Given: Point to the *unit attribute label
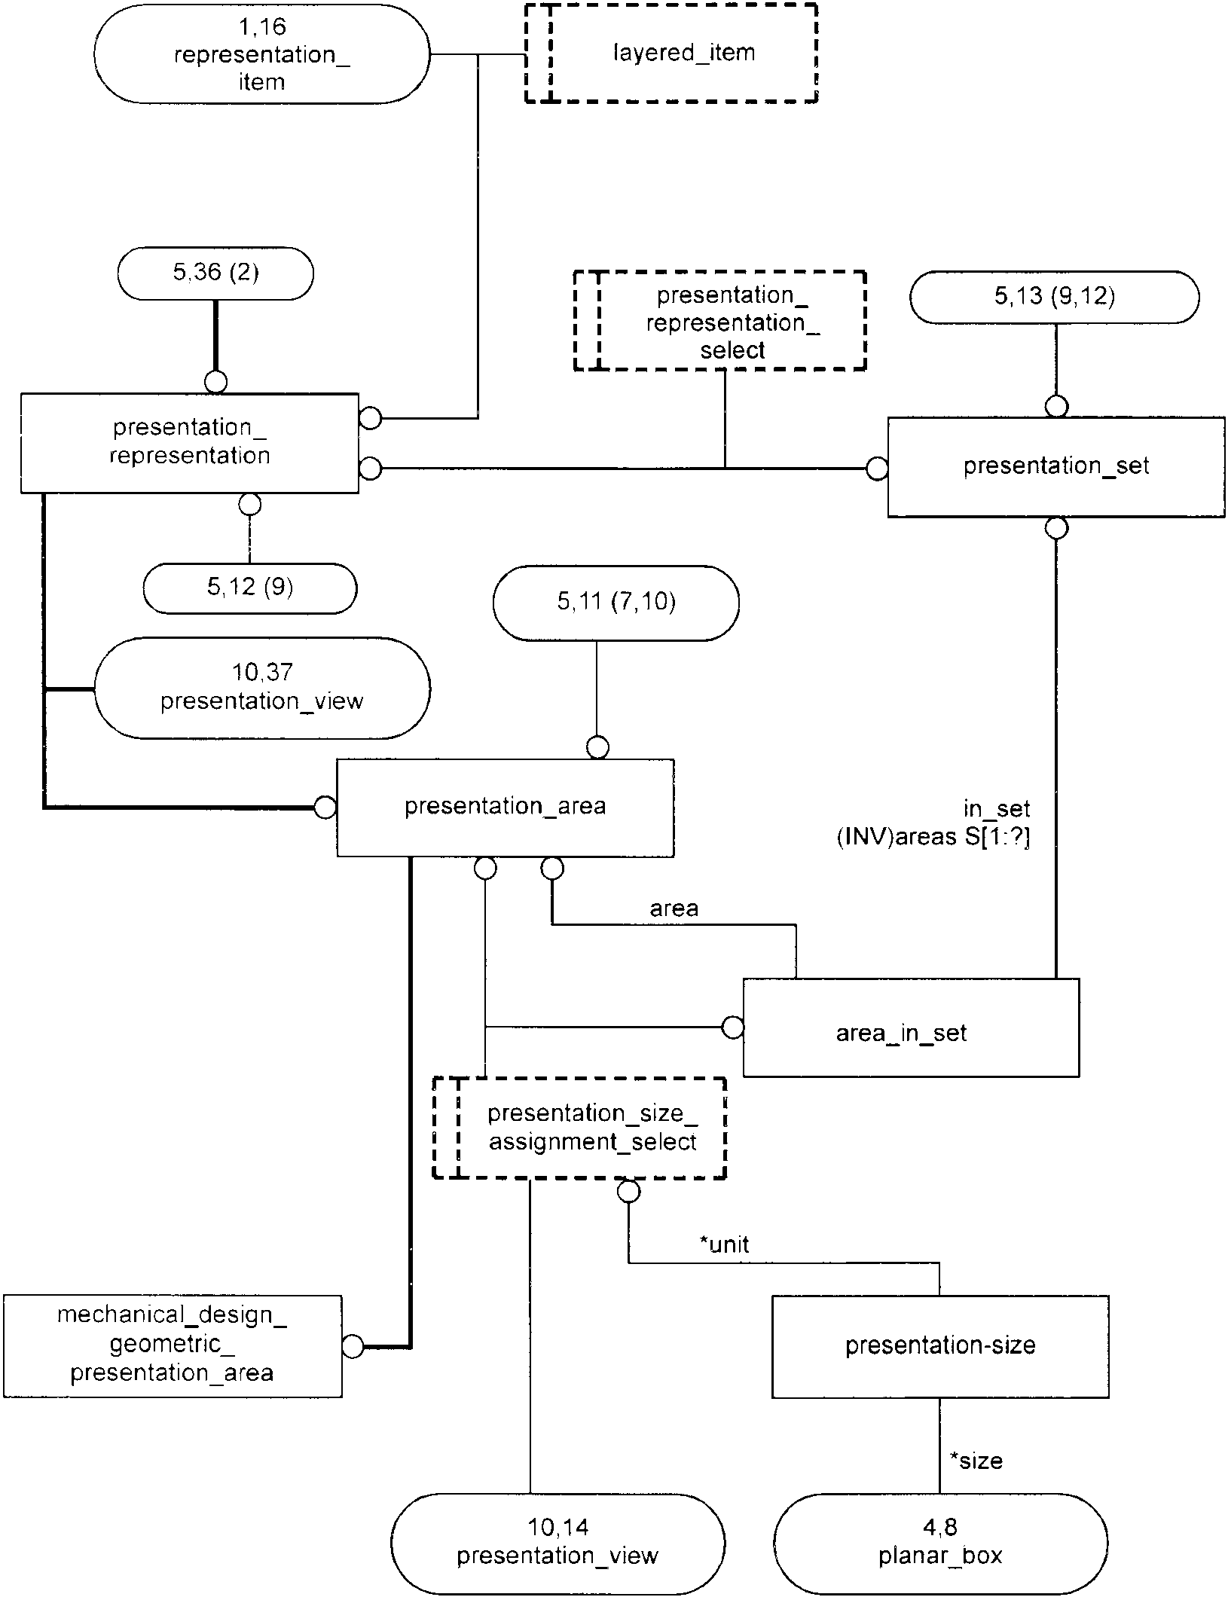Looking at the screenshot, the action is (x=725, y=1244).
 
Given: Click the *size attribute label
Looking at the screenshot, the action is (x=976, y=1461).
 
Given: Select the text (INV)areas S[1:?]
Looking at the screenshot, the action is (x=933, y=837).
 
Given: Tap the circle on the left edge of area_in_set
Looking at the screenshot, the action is (x=733, y=1028).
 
